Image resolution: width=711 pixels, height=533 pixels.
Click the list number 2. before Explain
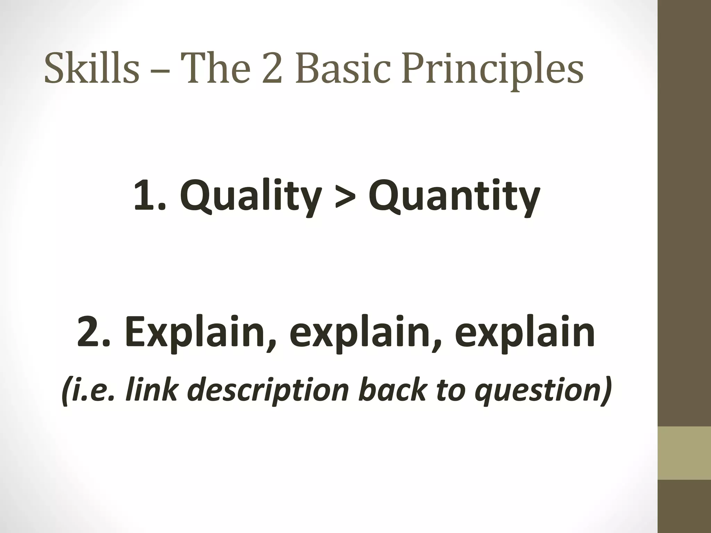[92, 331]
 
